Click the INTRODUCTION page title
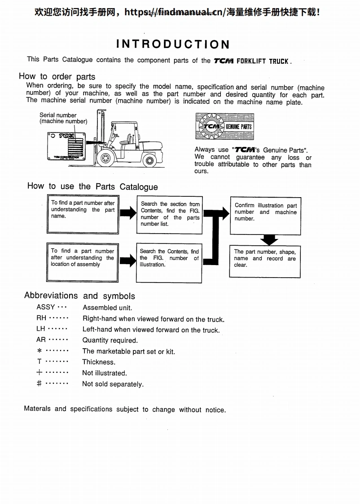coord(173,44)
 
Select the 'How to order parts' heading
coord(57,76)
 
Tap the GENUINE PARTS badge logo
coord(224,126)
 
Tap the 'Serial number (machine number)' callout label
coord(63,118)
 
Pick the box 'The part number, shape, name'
coord(265,261)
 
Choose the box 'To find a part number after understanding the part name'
coord(83,213)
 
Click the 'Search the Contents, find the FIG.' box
coord(169,262)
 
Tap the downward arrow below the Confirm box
coord(269,239)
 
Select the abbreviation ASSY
coord(46,307)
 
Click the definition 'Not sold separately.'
coord(113,384)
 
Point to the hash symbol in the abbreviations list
coord(40,384)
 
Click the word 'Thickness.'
coord(99,362)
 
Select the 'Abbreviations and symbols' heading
coord(79,296)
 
